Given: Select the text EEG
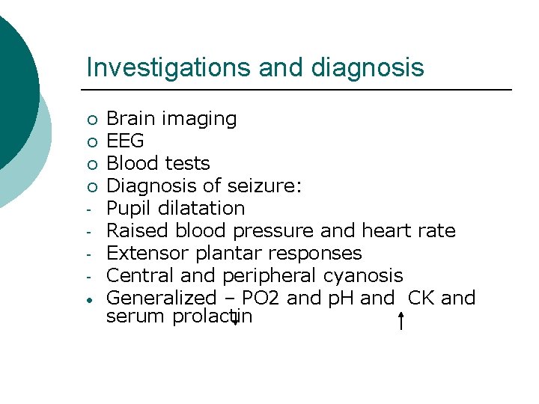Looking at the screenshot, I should point(125,141).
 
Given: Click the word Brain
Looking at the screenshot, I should point(130,118).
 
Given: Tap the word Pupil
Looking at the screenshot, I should point(128,209).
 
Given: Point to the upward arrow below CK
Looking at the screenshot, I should point(402,322).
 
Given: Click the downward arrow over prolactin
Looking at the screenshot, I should point(235,318).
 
